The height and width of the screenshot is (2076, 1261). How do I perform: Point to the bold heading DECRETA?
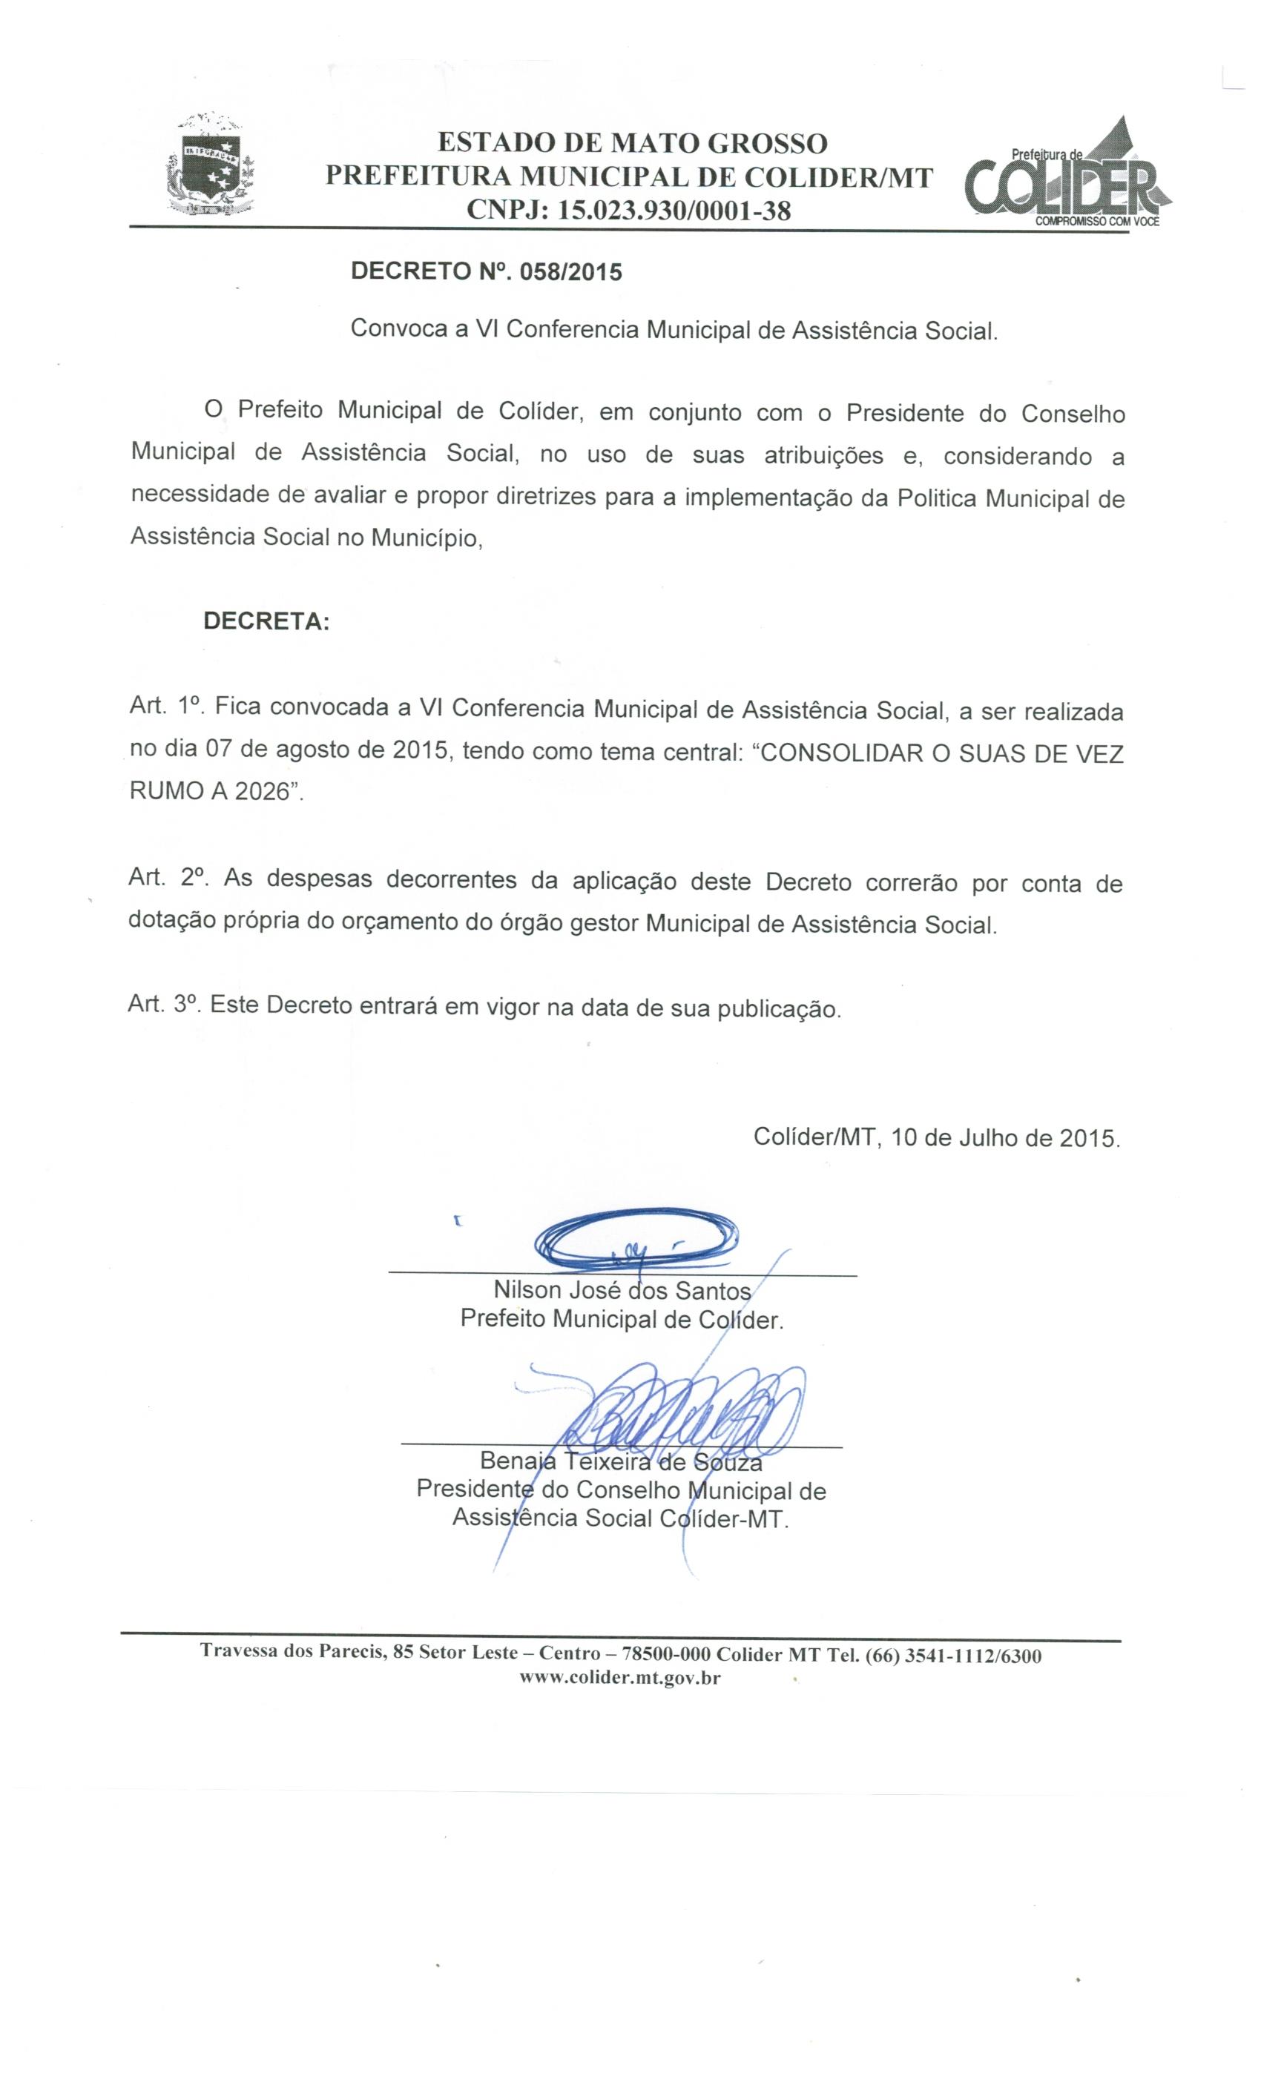click(266, 622)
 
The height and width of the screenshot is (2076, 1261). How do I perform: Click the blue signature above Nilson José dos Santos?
click(636, 1240)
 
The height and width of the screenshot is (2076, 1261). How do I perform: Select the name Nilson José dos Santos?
click(622, 1290)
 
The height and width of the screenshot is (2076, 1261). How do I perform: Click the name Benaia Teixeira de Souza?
click(622, 1460)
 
